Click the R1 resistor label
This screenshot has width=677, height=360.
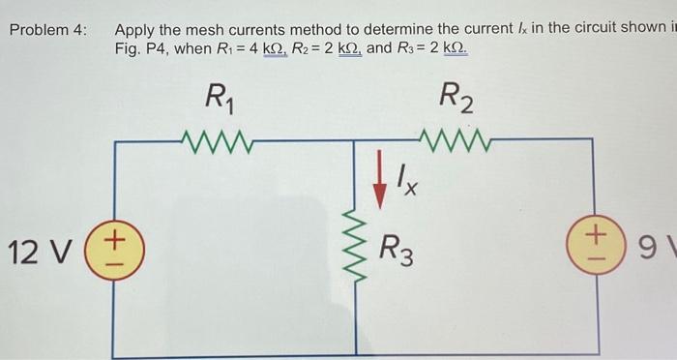[x=217, y=99]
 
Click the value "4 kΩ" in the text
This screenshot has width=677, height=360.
[x=264, y=48]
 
